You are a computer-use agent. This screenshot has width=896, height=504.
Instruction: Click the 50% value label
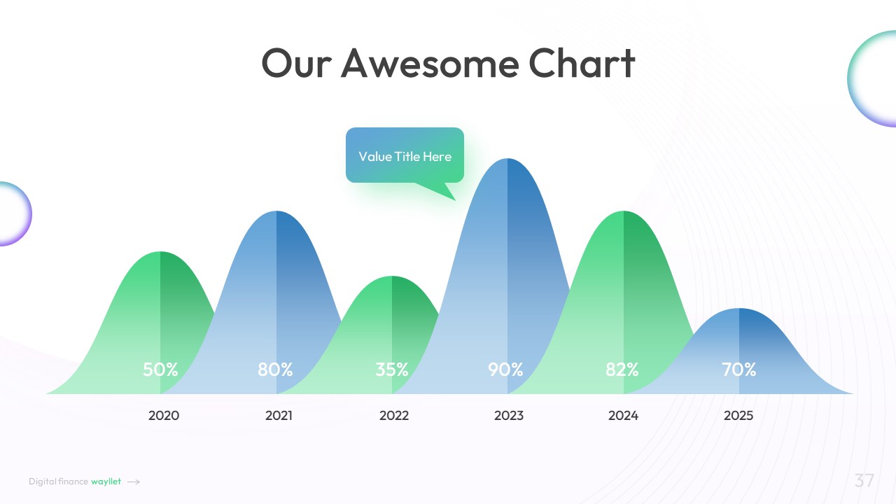[160, 369]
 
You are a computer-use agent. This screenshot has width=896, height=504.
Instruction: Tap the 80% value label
[275, 369]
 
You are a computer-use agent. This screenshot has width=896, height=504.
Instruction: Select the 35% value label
[391, 369]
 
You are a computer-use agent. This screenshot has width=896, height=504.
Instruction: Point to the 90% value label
[505, 369]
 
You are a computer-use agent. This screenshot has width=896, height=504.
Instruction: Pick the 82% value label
[622, 369]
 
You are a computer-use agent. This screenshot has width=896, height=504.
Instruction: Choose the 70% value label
[738, 369]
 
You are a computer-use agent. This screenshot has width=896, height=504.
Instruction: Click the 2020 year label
[164, 416]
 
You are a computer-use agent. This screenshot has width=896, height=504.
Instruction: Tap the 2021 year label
[279, 416]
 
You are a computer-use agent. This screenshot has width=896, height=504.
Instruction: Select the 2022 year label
[394, 416]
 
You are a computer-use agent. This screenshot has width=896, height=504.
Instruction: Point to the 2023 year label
[509, 416]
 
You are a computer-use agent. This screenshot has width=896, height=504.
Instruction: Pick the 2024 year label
[623, 416]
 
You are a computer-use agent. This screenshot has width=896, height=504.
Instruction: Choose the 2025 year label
[738, 416]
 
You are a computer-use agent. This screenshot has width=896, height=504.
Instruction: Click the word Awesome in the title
[430, 63]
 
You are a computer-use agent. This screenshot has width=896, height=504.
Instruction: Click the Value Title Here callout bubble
[405, 156]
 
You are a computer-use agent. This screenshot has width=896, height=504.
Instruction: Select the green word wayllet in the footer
[106, 482]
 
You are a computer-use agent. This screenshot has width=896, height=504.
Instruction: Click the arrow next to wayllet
[134, 482]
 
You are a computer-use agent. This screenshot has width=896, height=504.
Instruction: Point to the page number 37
[864, 480]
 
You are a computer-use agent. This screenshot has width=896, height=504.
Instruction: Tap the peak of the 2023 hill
[507, 159]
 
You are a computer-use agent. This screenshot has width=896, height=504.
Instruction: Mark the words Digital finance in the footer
[58, 482]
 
